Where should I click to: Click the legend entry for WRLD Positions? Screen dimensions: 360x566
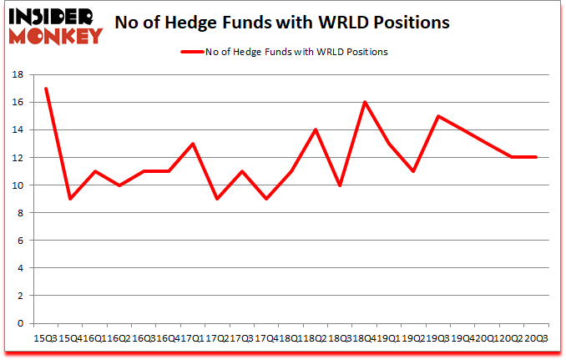pos(284,52)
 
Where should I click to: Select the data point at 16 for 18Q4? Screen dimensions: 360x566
pos(365,102)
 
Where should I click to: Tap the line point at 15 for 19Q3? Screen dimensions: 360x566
pos(437,116)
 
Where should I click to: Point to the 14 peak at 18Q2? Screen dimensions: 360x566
pos(316,129)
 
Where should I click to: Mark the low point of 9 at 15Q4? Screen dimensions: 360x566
pos(69,199)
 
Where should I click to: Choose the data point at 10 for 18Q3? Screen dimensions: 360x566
pos(341,185)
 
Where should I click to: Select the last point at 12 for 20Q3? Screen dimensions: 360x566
pos(535,157)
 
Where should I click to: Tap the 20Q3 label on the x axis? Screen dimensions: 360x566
pos(536,337)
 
